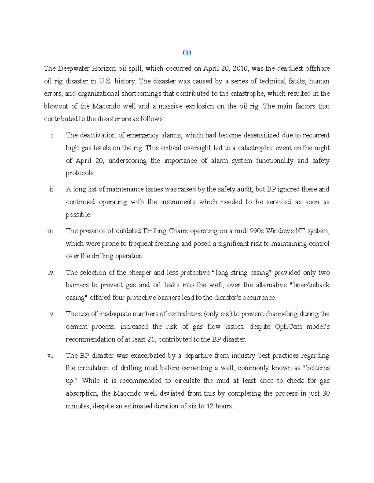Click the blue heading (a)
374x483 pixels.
click(x=187, y=53)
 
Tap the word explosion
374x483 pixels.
click(x=200, y=106)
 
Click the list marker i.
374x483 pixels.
click(x=52, y=135)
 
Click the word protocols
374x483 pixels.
click(x=80, y=173)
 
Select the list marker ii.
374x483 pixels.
click(x=52, y=189)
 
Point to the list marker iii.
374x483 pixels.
click(x=51, y=231)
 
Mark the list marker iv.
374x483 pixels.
click(x=51, y=273)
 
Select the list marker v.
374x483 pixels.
click(x=52, y=314)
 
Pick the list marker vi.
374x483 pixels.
click(x=51, y=356)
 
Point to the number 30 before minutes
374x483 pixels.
click(x=326, y=393)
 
